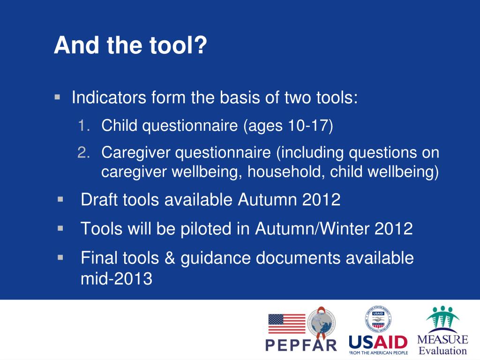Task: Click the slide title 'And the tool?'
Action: point(130,45)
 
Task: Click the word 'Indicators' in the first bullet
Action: point(109,97)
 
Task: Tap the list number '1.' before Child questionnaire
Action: point(83,126)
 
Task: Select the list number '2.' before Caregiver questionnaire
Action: point(83,152)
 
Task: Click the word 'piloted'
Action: point(206,229)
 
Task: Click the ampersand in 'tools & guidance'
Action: point(170,258)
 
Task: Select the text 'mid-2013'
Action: point(116,278)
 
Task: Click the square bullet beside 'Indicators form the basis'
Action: point(57,97)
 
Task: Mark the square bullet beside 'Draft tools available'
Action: point(60,200)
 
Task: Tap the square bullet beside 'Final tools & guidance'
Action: point(60,258)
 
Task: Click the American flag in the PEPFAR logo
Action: point(287,323)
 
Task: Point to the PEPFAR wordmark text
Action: point(301,345)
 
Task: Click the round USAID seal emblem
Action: point(378,320)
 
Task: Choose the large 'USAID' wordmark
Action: point(378,342)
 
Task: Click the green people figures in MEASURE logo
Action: point(442,317)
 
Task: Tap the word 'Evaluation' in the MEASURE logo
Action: point(442,351)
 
